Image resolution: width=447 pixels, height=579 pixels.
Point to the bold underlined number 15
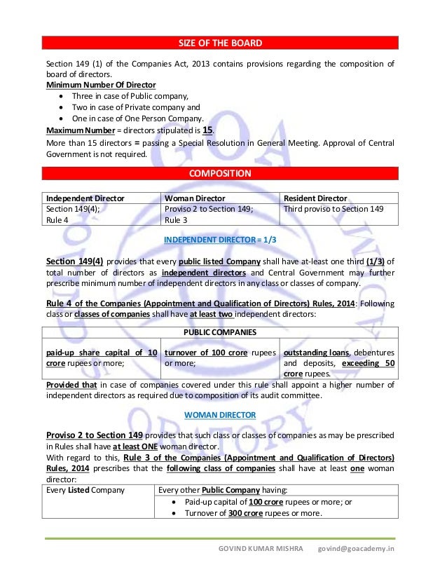tap(207, 130)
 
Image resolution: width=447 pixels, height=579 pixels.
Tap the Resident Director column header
tap(315, 198)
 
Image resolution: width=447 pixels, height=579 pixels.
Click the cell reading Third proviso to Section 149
tap(333, 209)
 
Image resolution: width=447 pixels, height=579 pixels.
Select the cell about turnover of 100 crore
tap(219, 357)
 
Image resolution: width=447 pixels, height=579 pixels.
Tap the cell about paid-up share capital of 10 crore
tap(102, 357)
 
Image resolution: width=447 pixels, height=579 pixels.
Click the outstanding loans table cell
tap(338, 362)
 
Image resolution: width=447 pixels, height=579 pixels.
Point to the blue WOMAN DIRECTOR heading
tap(220, 415)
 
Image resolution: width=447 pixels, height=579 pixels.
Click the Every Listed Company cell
tap(85, 490)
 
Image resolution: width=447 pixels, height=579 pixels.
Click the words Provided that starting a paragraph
tap(68, 385)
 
